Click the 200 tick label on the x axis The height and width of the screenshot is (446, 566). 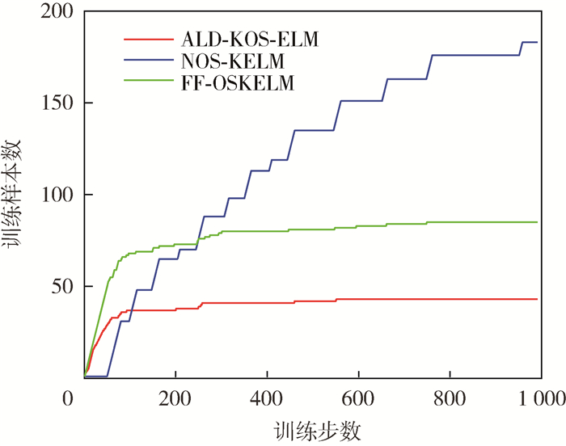[175, 398]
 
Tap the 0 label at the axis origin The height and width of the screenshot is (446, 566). [68, 398]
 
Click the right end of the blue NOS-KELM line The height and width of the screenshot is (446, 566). [538, 42]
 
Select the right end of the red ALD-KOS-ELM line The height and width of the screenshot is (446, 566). [538, 299]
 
